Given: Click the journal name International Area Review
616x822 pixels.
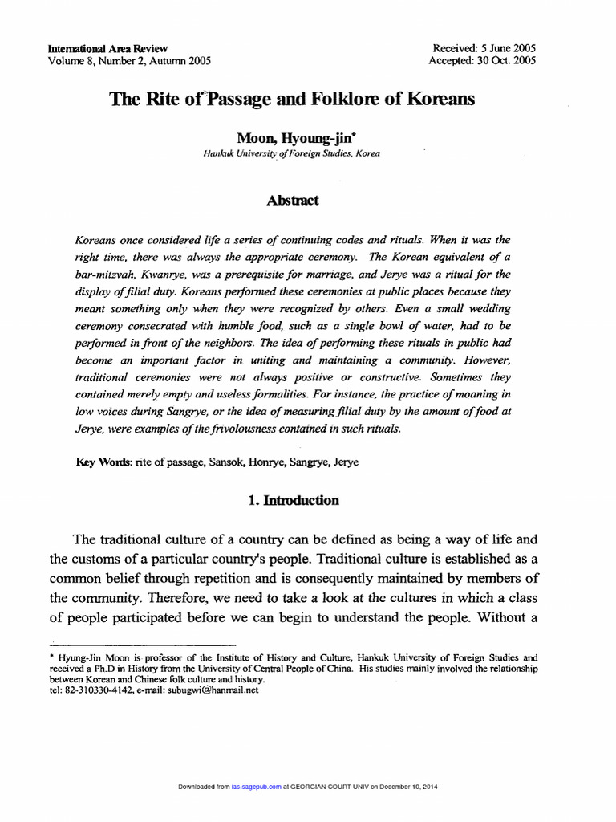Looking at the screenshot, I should pos(107,48).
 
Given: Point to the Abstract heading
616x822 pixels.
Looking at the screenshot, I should pos(292,201).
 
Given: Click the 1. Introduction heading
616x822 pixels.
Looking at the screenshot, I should pos(293,500).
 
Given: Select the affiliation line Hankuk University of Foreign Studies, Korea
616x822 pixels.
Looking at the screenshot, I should pos(292,153).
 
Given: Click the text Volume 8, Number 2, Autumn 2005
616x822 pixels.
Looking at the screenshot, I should pos(130,60).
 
